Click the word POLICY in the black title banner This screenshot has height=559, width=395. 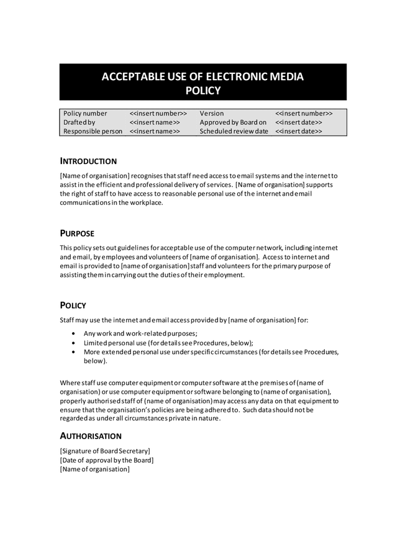point(203,91)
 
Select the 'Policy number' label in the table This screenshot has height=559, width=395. point(84,114)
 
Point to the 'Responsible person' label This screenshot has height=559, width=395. point(93,131)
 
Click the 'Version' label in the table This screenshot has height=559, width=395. point(212,114)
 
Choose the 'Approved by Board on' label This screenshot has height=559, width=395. point(233,122)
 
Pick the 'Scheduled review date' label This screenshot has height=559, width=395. point(234,131)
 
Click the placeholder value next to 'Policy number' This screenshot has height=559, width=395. point(158,114)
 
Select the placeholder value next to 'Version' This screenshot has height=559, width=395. point(304,114)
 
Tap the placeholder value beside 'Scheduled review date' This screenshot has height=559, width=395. point(299,131)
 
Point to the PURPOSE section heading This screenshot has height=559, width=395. point(77,234)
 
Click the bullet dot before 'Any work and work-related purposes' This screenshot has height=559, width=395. point(75,334)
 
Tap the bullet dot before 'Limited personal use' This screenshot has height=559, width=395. point(75,343)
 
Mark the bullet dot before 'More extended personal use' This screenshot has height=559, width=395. point(75,352)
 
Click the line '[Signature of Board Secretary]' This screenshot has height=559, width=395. point(105,450)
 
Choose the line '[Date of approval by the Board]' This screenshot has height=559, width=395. point(107,460)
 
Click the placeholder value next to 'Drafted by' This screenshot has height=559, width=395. point(155,122)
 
